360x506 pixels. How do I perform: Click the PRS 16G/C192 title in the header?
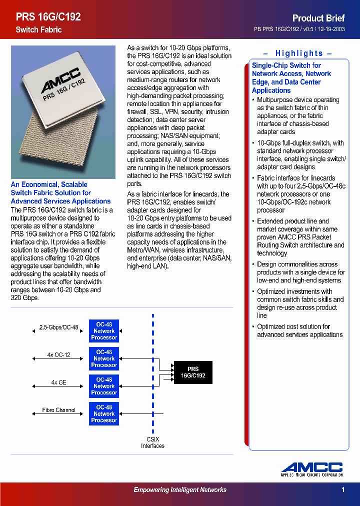tap(48, 16)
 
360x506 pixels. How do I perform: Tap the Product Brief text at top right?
tap(318, 17)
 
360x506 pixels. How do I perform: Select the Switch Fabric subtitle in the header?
tap(38, 30)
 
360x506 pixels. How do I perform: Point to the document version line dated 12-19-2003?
tap(299, 29)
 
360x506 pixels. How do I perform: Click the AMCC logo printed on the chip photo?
tap(61, 81)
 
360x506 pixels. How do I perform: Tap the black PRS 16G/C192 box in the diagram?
tap(193, 372)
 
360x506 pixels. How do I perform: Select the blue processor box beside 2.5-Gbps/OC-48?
tap(104, 331)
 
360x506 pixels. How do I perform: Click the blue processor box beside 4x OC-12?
tap(104, 358)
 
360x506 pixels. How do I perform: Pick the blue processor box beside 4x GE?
tap(104, 386)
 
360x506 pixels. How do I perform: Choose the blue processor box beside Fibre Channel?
tap(104, 413)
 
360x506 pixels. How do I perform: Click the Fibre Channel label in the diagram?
tap(58, 410)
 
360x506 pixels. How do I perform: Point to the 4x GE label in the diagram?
tap(58, 382)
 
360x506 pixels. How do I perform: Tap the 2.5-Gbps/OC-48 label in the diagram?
tap(58, 327)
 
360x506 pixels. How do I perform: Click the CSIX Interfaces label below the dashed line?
tap(152, 442)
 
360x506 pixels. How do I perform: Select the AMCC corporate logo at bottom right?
tap(311, 469)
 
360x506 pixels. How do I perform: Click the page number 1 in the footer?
tap(343, 490)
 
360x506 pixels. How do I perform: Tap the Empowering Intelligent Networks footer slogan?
tap(180, 490)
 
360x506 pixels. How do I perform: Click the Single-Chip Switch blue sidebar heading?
tap(291, 78)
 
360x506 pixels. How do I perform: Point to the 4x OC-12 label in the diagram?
tap(58, 355)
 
